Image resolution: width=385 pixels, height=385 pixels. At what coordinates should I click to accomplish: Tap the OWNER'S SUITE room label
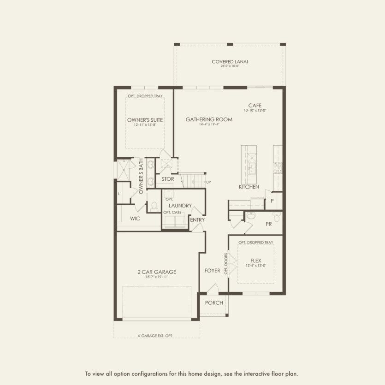coord(145,120)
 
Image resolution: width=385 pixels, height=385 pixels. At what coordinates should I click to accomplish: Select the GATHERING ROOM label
coord(209,119)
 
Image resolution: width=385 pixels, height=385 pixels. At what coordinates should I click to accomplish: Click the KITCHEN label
coord(249,187)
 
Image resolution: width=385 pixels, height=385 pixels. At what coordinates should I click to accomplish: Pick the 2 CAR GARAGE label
coord(157,272)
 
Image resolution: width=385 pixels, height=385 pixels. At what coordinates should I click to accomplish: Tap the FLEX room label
coord(256,260)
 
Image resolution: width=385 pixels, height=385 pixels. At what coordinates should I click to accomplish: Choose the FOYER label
coord(212,271)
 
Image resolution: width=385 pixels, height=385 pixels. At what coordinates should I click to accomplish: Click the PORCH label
coord(214,303)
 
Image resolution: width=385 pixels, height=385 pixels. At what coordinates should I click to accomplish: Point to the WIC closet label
coord(135,218)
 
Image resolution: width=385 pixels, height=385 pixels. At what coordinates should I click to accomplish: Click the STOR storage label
coord(167,179)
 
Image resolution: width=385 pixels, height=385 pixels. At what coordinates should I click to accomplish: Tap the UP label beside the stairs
coord(208,182)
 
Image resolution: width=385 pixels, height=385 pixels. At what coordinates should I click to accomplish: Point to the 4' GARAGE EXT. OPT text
coord(156,335)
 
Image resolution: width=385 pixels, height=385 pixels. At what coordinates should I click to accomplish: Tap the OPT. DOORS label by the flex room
coord(226,263)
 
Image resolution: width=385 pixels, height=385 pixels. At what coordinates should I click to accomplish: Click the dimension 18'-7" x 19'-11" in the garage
coord(157,277)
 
